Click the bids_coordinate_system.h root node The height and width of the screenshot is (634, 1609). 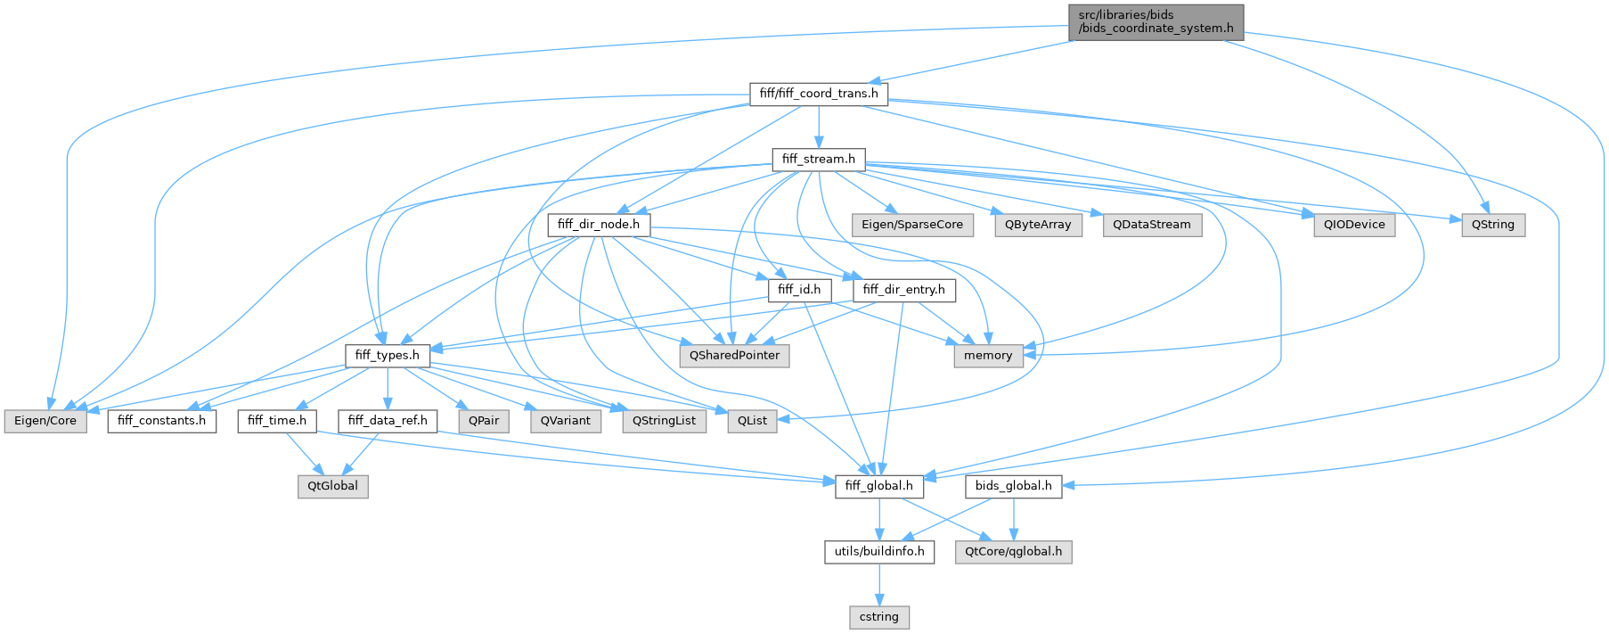coord(1156,21)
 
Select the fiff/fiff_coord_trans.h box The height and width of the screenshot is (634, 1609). coord(818,94)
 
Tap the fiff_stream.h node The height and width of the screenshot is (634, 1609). coord(818,160)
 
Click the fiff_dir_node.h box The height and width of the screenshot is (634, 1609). coord(599,225)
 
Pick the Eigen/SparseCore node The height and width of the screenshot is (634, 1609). coord(911,225)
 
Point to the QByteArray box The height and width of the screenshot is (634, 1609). coord(1038,225)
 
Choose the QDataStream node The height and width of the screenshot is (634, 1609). coord(1151,225)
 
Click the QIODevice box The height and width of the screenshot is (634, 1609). coord(1353,225)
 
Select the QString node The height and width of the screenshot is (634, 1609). coord(1492,225)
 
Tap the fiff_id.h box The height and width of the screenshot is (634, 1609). coord(799,290)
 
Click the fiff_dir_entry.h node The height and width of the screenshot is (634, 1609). coord(903,290)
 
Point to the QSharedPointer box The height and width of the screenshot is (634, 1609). coord(734,356)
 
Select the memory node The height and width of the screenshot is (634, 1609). coord(988,356)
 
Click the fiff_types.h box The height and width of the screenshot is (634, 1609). coord(387,356)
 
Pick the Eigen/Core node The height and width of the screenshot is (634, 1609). coord(45,421)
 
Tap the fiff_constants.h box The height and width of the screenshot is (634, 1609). coord(161,421)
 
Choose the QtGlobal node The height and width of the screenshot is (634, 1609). coord(332,486)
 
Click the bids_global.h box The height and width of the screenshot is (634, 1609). coord(1013,486)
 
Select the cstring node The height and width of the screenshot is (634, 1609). coord(878,617)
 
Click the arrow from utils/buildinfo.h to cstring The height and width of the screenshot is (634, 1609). coord(879,584)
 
